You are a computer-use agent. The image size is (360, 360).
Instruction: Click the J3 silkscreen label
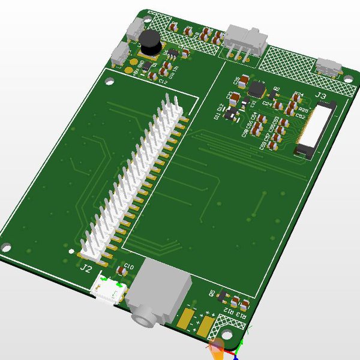coord(320,95)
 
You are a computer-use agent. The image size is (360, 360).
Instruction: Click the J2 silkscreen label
coord(86,268)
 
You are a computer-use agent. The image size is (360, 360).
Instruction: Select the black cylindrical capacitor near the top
coord(148,41)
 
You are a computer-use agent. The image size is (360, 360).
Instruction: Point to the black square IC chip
coord(257,89)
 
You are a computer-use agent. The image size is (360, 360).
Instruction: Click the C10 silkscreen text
coord(128,265)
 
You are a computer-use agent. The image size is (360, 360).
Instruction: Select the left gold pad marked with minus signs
coord(188,320)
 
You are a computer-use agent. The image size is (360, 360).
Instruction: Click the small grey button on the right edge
coord(328,65)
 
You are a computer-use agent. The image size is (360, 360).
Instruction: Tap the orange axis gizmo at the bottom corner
coord(217,348)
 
